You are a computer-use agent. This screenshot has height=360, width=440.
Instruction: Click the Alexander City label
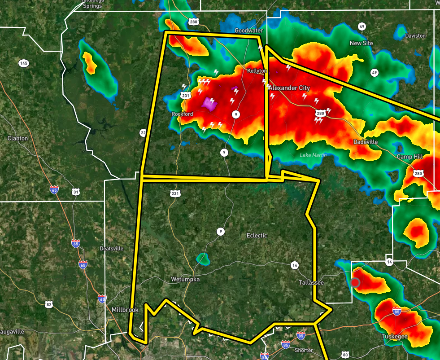[289, 88]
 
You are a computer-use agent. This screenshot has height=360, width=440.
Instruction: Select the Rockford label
[182, 114]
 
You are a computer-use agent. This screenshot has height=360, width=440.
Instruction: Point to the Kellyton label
[257, 71]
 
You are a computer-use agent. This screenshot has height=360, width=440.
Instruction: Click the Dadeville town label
[366, 142]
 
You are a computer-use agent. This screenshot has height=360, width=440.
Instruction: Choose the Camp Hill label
[410, 157]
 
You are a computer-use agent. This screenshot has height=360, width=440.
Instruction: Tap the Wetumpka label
[185, 279]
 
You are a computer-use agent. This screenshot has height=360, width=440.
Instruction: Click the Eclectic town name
[257, 235]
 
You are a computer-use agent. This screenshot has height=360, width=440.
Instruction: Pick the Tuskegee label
[394, 336]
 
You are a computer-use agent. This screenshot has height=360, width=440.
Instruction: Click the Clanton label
[17, 138]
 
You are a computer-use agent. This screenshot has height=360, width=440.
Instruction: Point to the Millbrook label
[125, 310]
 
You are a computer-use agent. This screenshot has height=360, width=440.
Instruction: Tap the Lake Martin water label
[313, 155]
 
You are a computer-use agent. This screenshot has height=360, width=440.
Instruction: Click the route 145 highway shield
[23, 63]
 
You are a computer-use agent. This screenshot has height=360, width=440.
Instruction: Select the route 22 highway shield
[143, 132]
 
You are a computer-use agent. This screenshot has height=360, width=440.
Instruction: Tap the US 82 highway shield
[49, 305]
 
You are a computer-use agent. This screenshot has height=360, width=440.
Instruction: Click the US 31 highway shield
[75, 192]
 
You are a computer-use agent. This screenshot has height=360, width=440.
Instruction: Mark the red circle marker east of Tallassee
[355, 282]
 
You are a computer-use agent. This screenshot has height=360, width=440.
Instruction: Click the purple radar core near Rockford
[209, 104]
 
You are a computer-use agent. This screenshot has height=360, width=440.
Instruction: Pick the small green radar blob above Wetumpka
[203, 259]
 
